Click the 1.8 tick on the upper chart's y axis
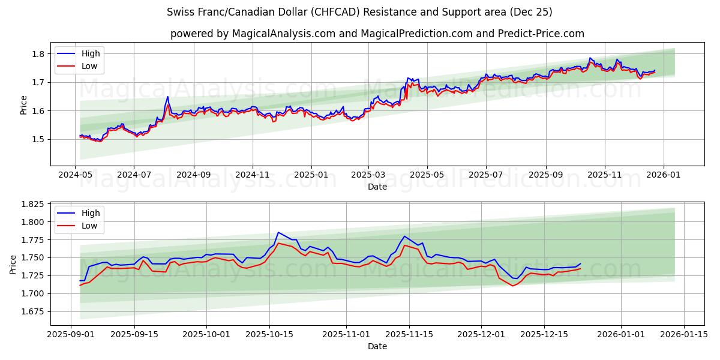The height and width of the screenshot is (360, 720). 38,54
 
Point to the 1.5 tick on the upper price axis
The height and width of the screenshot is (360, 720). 38,139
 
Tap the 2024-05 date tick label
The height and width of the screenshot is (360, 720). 76,174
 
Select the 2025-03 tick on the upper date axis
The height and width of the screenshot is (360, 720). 368,174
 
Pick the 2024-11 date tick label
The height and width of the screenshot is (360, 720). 252,174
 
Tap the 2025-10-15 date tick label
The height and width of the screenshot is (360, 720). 269,334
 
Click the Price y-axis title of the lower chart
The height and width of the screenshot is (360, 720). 13,264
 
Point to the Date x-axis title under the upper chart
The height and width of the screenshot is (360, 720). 377,187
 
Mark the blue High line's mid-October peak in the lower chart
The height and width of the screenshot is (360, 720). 278,232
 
